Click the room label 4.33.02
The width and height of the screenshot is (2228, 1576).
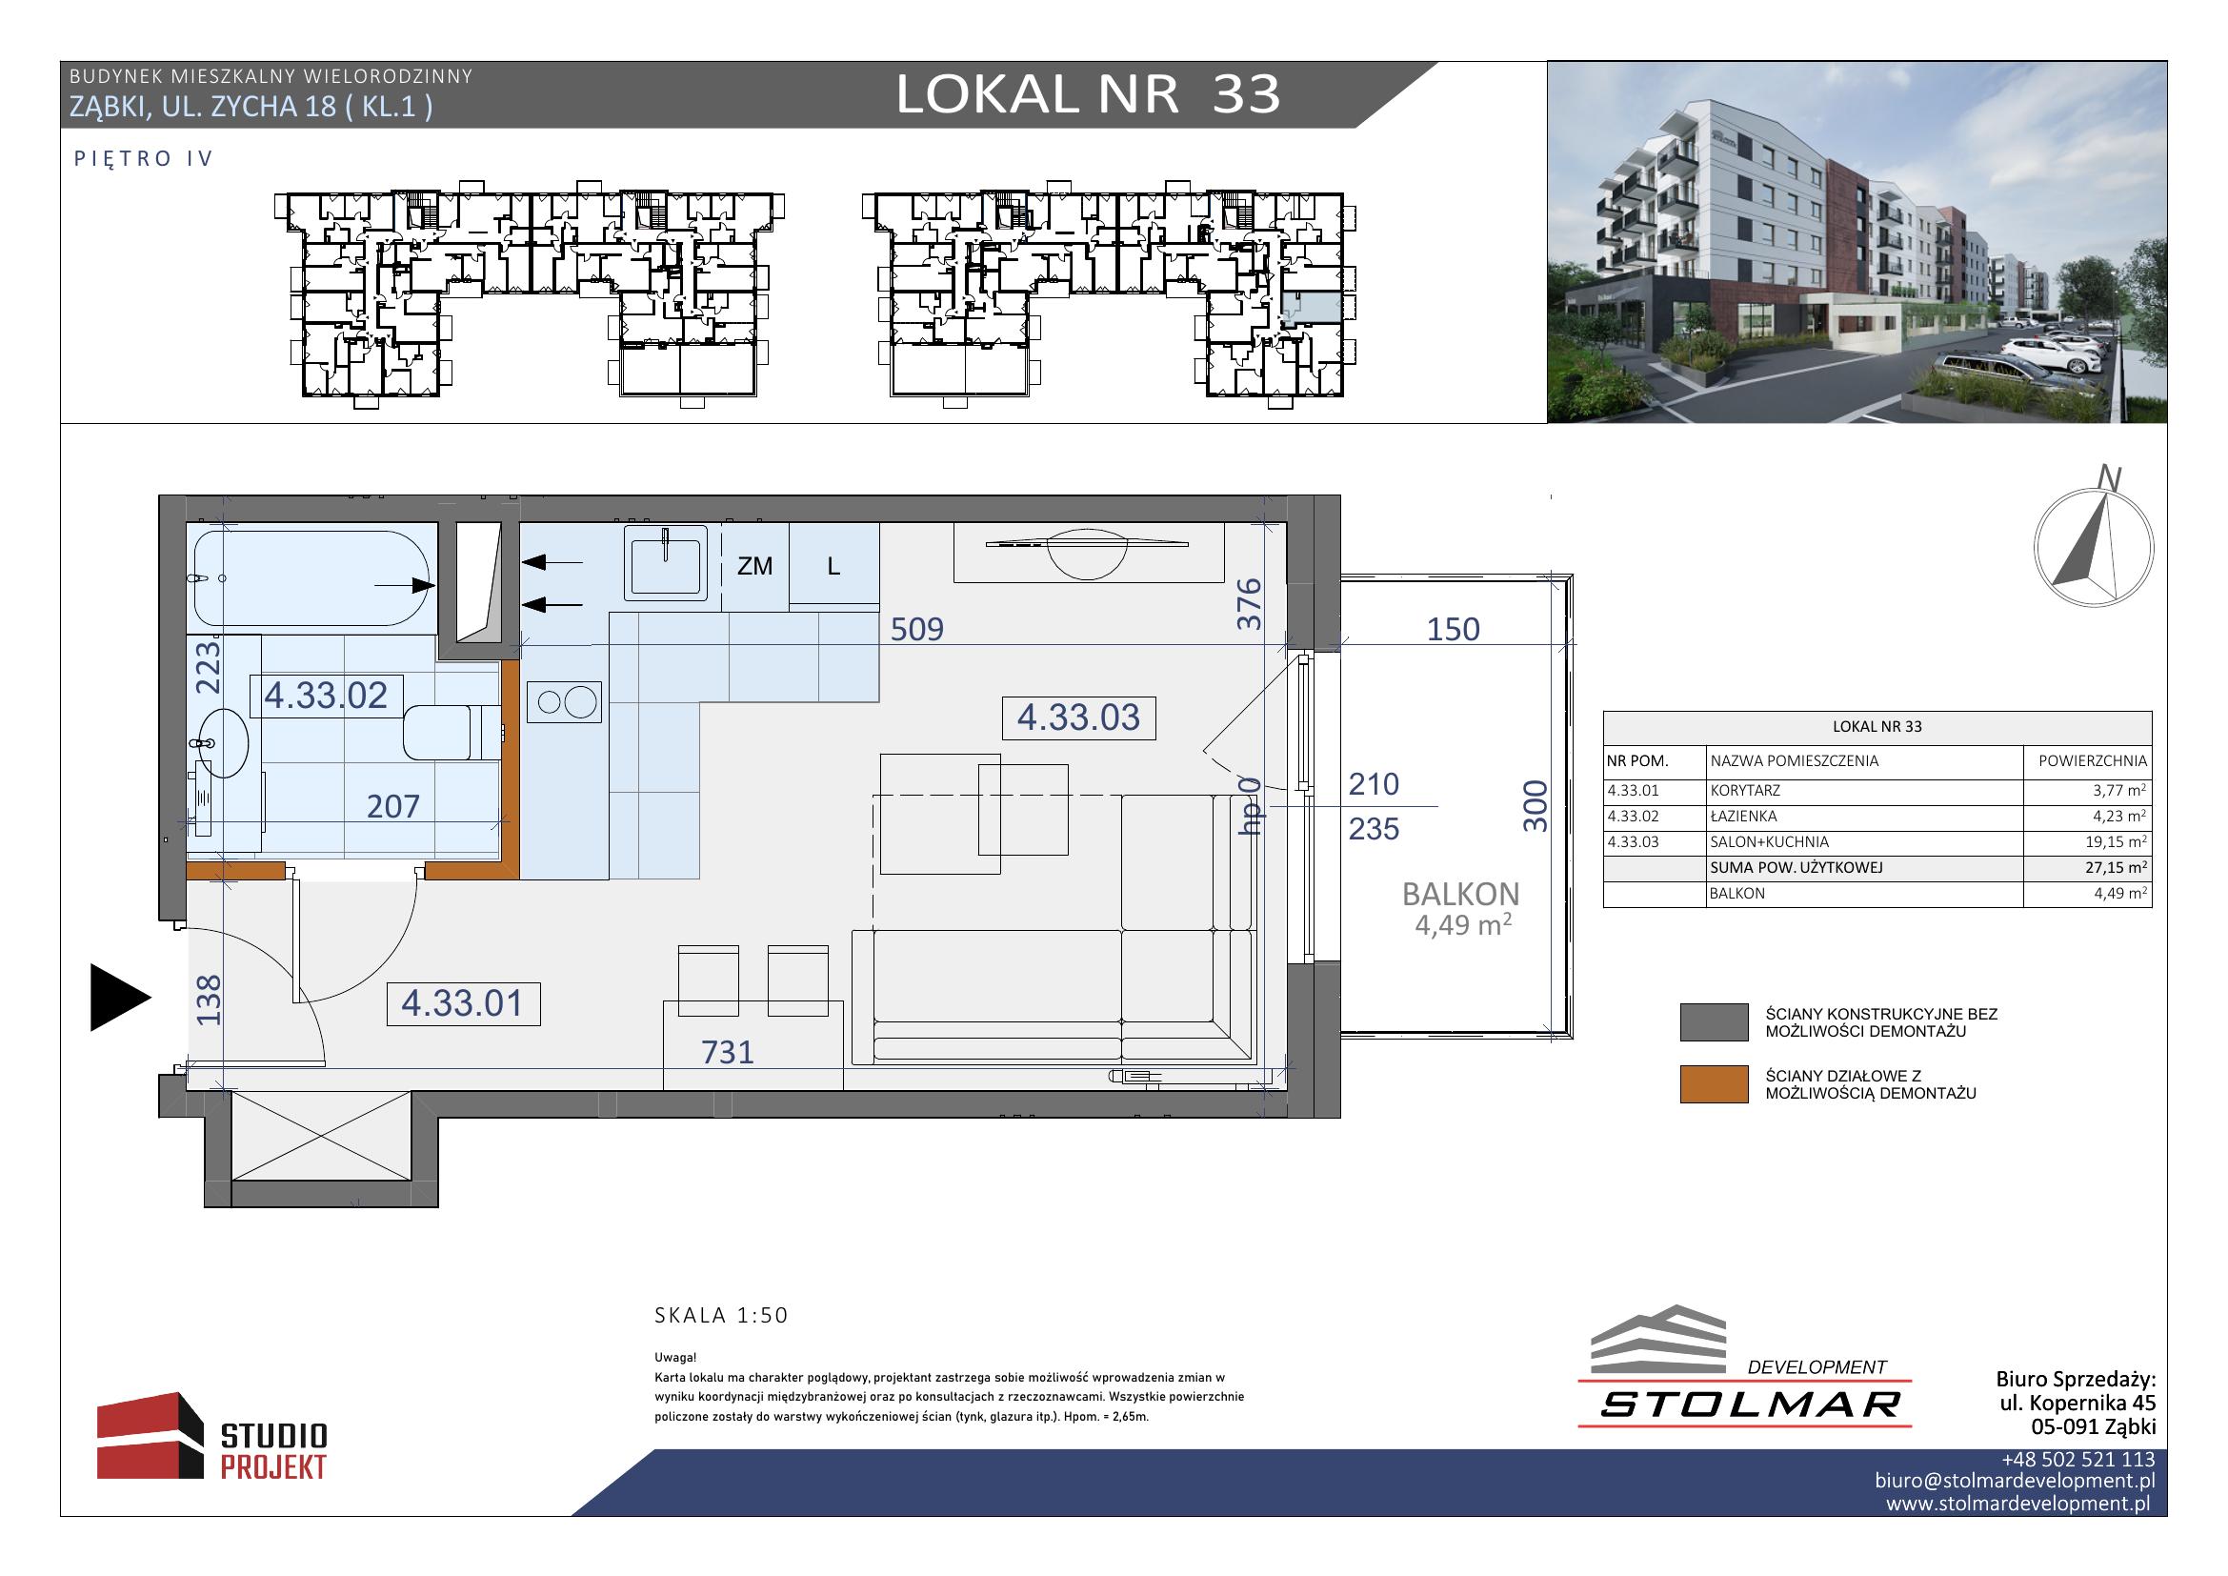point(326,695)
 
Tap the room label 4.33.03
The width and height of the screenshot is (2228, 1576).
point(1078,717)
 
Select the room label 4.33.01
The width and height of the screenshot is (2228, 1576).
point(463,1003)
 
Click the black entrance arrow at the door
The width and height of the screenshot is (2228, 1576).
point(120,998)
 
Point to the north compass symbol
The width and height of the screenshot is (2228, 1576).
point(2093,547)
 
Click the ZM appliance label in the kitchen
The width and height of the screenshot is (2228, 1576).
point(754,566)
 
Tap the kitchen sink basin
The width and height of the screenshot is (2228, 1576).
point(668,562)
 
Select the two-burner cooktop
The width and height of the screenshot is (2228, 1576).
point(565,701)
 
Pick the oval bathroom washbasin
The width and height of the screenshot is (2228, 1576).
point(221,744)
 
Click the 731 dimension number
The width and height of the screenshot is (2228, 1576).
point(728,1052)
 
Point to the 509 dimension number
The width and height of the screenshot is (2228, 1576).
point(917,629)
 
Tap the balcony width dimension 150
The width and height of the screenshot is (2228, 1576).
point(1453,629)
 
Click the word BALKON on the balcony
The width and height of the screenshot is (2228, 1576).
point(1461,894)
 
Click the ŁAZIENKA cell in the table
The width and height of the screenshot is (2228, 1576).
point(1744,818)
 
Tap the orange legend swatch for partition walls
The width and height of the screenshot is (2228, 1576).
point(1714,1085)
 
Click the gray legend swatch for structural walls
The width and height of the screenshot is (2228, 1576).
point(1714,1022)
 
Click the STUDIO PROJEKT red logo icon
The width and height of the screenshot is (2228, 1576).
point(151,1436)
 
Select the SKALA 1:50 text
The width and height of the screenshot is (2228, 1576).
point(722,1316)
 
